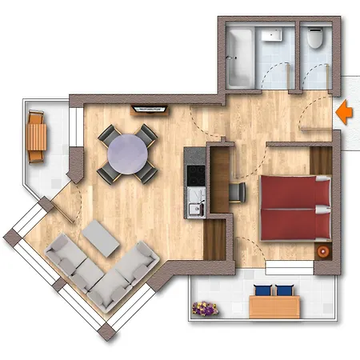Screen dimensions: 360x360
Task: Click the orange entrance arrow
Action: click(x=344, y=112)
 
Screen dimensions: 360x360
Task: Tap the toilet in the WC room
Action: click(x=315, y=37)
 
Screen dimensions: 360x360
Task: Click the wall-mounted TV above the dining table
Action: click(x=150, y=106)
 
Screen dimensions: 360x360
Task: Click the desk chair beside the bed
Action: click(x=238, y=191)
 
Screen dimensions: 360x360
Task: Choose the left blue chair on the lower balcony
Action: click(x=262, y=290)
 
